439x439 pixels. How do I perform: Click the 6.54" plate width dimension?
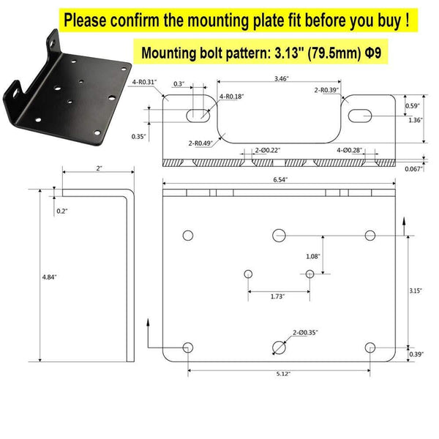click(x=280, y=179)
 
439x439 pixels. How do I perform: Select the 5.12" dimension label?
click(x=283, y=374)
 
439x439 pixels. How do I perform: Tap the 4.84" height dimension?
click(x=49, y=277)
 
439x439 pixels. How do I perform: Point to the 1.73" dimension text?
click(x=277, y=296)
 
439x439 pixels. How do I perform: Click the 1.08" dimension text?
click(x=312, y=256)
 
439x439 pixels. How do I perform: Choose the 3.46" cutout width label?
click(x=281, y=79)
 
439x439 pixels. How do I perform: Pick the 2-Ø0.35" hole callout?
click(x=305, y=333)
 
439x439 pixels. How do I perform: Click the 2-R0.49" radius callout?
click(x=200, y=143)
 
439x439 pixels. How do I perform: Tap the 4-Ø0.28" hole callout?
click(x=350, y=150)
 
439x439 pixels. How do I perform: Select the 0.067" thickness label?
click(x=414, y=169)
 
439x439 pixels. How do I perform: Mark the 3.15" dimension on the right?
click(x=416, y=290)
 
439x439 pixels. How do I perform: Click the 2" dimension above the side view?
click(x=99, y=168)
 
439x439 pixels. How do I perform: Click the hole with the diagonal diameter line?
click(x=279, y=348)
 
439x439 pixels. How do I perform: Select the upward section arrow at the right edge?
click(x=404, y=226)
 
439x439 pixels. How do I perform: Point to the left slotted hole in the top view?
click(x=198, y=116)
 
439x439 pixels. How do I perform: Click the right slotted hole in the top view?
click(x=360, y=116)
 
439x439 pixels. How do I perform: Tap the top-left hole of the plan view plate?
click(x=188, y=236)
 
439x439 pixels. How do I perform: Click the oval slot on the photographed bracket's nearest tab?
click(x=15, y=93)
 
